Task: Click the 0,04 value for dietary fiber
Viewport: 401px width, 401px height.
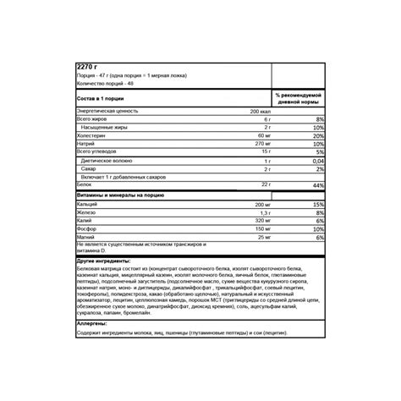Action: click(317, 161)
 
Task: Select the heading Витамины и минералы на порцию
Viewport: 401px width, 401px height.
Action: click(124, 195)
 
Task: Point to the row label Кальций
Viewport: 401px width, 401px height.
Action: click(89, 205)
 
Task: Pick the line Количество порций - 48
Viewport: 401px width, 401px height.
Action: click(107, 83)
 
